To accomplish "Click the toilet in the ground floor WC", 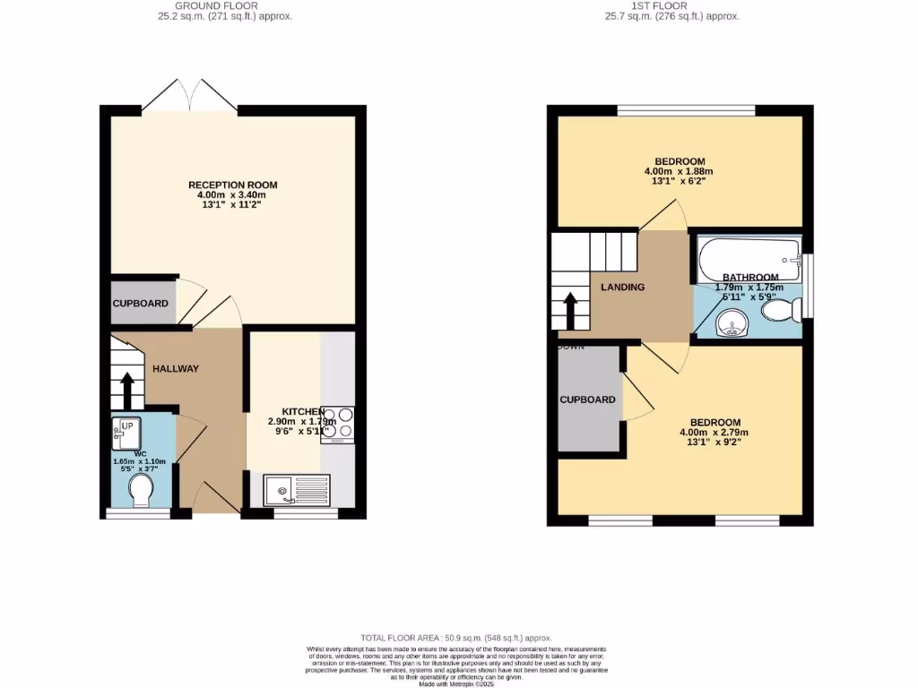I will (x=140, y=490).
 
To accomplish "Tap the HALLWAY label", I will (x=176, y=368).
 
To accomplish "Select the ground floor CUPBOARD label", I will (x=140, y=304).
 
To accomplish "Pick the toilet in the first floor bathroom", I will (x=780, y=310).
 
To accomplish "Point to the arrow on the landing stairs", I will (x=569, y=311).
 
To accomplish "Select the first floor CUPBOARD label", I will (x=587, y=400).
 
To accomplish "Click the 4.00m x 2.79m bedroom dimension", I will (x=714, y=433).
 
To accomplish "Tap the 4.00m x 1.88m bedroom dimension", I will (x=679, y=171).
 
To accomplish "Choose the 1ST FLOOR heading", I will (x=659, y=5).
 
